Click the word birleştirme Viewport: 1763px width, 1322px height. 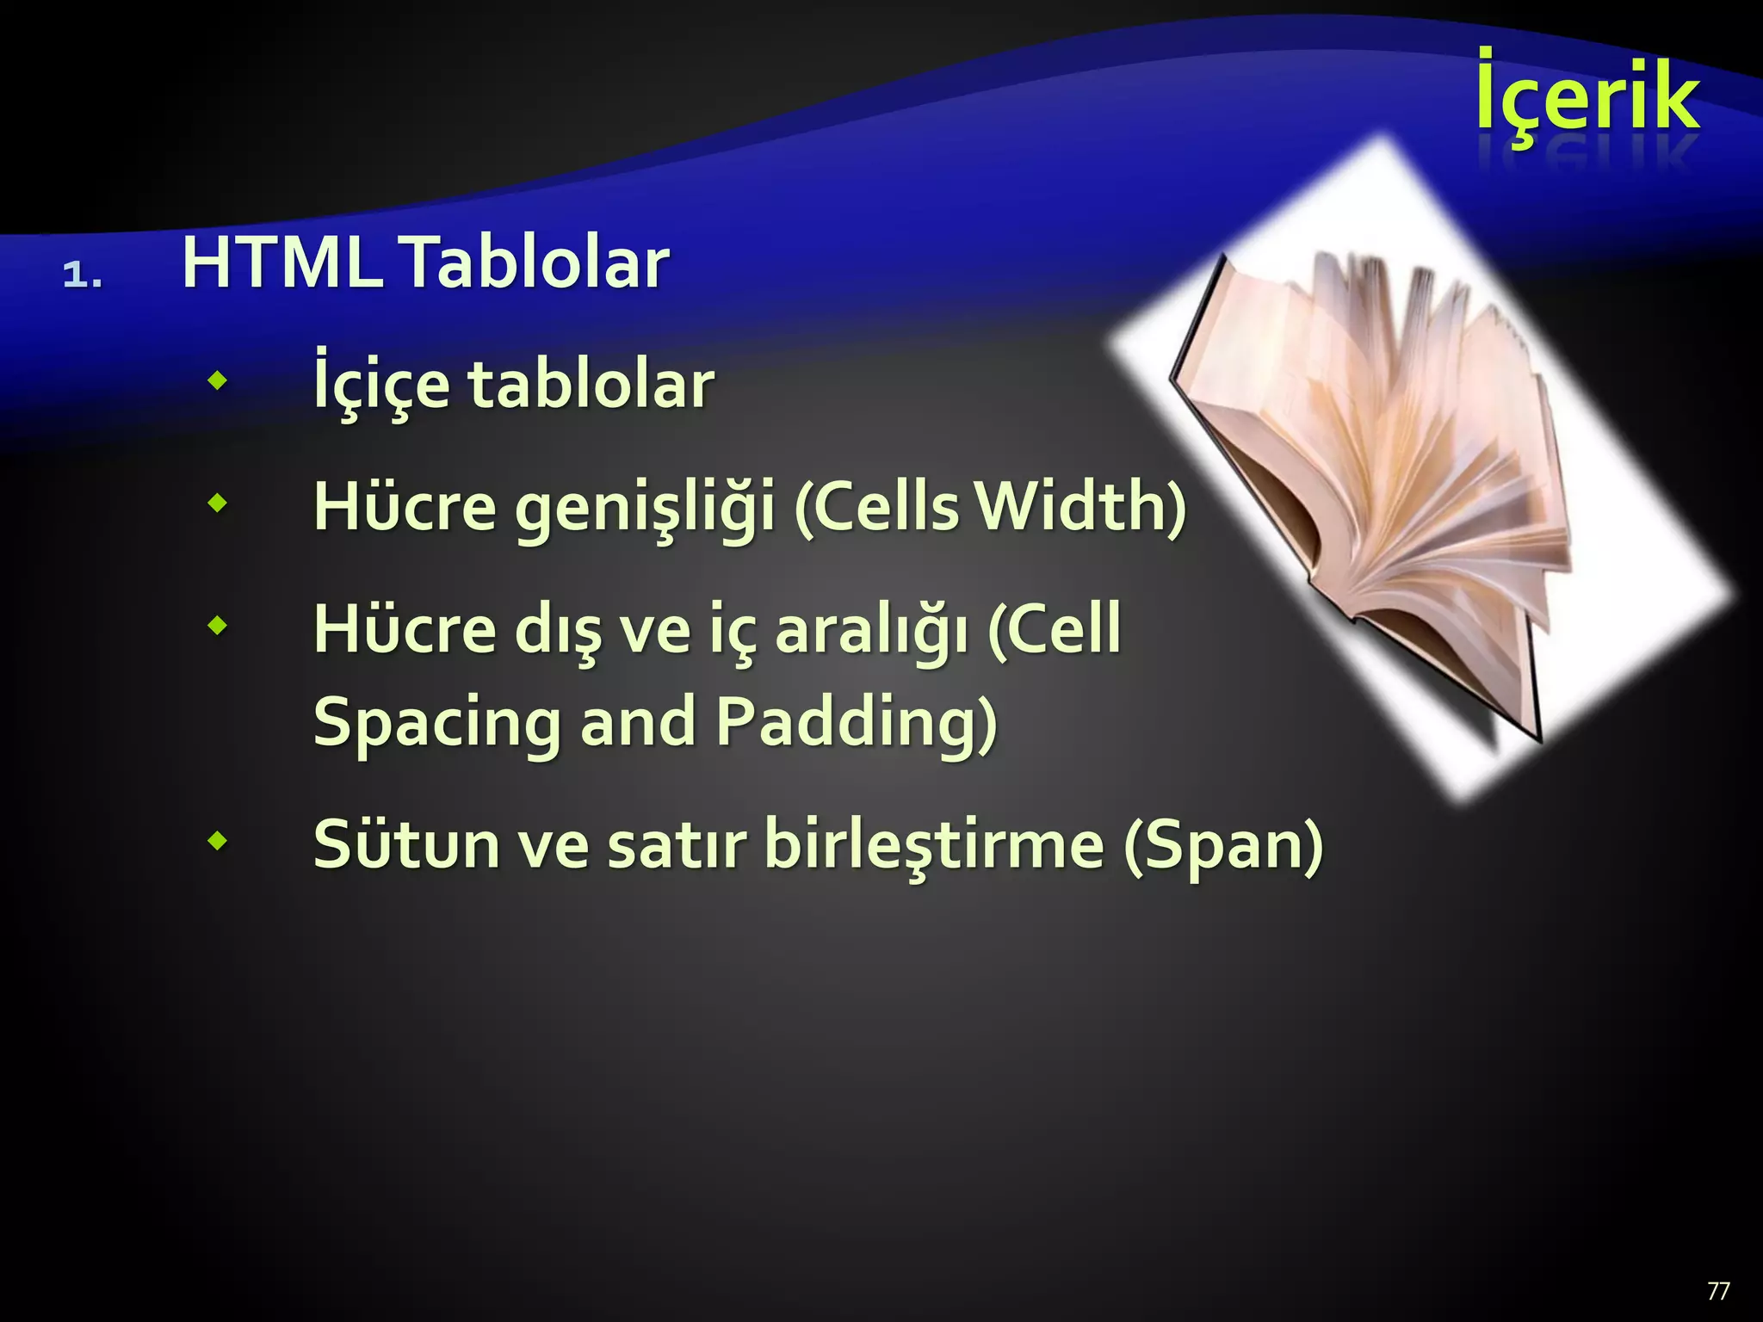coord(934,845)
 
